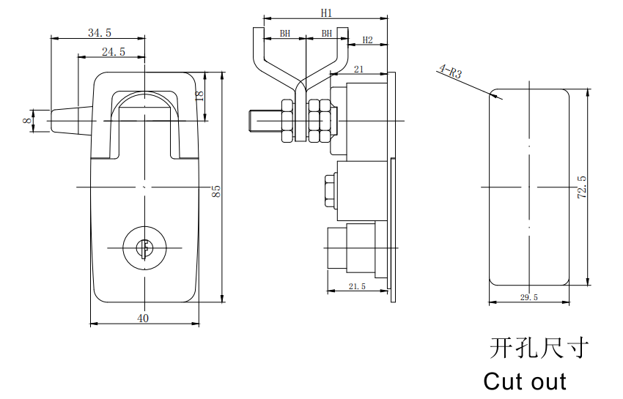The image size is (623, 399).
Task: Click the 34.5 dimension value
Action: click(x=100, y=32)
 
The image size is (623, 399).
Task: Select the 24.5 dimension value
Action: click(x=114, y=51)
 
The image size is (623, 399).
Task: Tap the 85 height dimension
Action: click(x=216, y=191)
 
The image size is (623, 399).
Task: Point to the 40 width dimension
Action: click(x=143, y=318)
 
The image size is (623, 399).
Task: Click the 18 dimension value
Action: click(x=199, y=95)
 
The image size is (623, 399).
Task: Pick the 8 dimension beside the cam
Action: click(x=26, y=120)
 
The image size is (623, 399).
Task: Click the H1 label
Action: click(x=326, y=13)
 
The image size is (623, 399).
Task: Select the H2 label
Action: click(x=367, y=40)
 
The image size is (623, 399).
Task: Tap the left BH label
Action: click(x=285, y=34)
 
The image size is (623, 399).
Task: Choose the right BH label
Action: click(x=327, y=34)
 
